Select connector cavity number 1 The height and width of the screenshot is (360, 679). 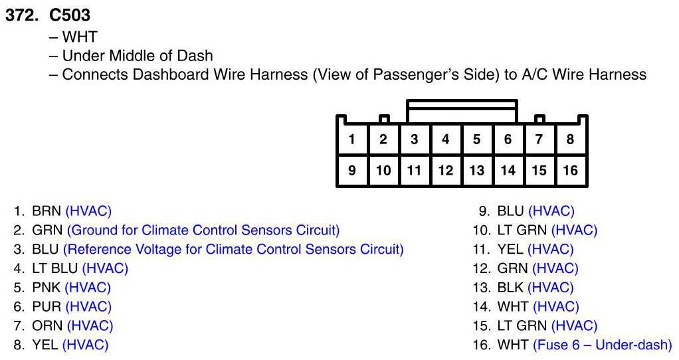click(351, 139)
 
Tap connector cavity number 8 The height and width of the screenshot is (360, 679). click(570, 139)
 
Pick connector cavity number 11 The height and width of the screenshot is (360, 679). click(414, 171)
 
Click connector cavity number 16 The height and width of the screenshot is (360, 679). click(570, 171)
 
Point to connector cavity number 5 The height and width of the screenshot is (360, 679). click(476, 139)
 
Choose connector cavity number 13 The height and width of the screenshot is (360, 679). click(476, 171)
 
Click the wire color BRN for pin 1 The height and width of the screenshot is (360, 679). click(47, 212)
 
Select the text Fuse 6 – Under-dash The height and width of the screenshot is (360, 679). click(602, 345)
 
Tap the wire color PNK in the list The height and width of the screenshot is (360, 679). click(47, 288)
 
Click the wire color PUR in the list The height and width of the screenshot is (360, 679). click(47, 307)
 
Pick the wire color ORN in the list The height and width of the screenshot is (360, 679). click(47, 326)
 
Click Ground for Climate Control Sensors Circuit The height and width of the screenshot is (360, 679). click(203, 231)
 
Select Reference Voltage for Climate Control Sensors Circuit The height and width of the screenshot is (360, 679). click(233, 250)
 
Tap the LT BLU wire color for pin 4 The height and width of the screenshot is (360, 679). click(54, 269)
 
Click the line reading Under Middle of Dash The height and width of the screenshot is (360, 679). click(138, 56)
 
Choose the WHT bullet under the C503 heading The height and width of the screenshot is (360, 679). click(79, 37)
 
